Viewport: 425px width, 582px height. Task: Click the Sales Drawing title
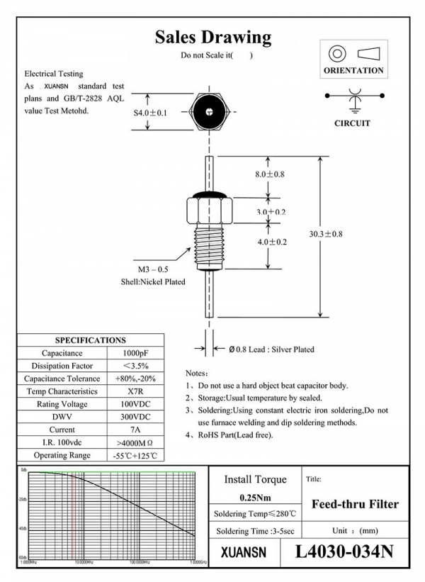pyautogui.click(x=212, y=37)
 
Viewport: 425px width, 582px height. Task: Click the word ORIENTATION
pyautogui.click(x=353, y=70)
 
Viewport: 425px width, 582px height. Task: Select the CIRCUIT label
pyautogui.click(x=352, y=123)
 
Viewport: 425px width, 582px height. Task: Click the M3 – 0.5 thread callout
pyautogui.click(x=153, y=270)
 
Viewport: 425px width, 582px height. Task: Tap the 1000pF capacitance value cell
pyautogui.click(x=135, y=353)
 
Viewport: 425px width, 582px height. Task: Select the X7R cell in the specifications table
pyautogui.click(x=135, y=391)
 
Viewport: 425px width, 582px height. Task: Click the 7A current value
pyautogui.click(x=135, y=430)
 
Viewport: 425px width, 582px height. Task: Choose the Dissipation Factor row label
pyautogui.click(x=62, y=366)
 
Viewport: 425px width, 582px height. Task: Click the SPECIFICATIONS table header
pyautogui.click(x=91, y=340)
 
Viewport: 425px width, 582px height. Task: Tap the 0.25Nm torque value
pyautogui.click(x=254, y=496)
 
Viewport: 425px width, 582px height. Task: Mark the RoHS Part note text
pyautogui.click(x=237, y=435)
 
